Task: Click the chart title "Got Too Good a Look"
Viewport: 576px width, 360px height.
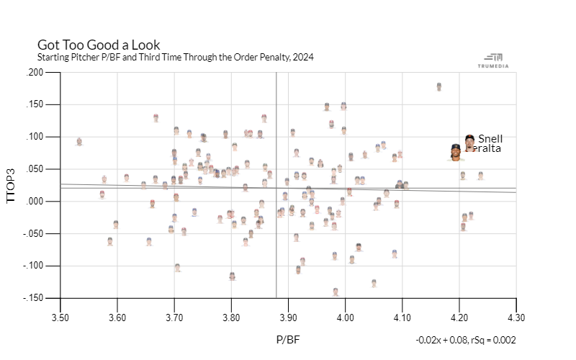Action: tap(99, 45)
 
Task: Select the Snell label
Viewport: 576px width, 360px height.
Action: tap(490, 139)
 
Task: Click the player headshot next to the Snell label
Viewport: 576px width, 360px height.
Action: tap(469, 140)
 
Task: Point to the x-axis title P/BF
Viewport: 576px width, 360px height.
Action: tap(288, 338)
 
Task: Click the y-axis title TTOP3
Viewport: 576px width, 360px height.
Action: tap(11, 185)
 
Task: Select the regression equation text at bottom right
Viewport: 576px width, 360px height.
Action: tap(465, 340)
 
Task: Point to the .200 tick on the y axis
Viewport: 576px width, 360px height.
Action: tap(34, 73)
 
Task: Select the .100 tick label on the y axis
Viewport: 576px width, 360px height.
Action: tap(34, 137)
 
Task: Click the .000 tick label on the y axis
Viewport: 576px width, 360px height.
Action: tap(34, 202)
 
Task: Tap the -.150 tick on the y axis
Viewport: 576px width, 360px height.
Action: tap(32, 298)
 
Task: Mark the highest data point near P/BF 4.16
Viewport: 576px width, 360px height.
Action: tap(439, 86)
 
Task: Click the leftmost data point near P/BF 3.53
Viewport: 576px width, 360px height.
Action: tap(79, 142)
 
